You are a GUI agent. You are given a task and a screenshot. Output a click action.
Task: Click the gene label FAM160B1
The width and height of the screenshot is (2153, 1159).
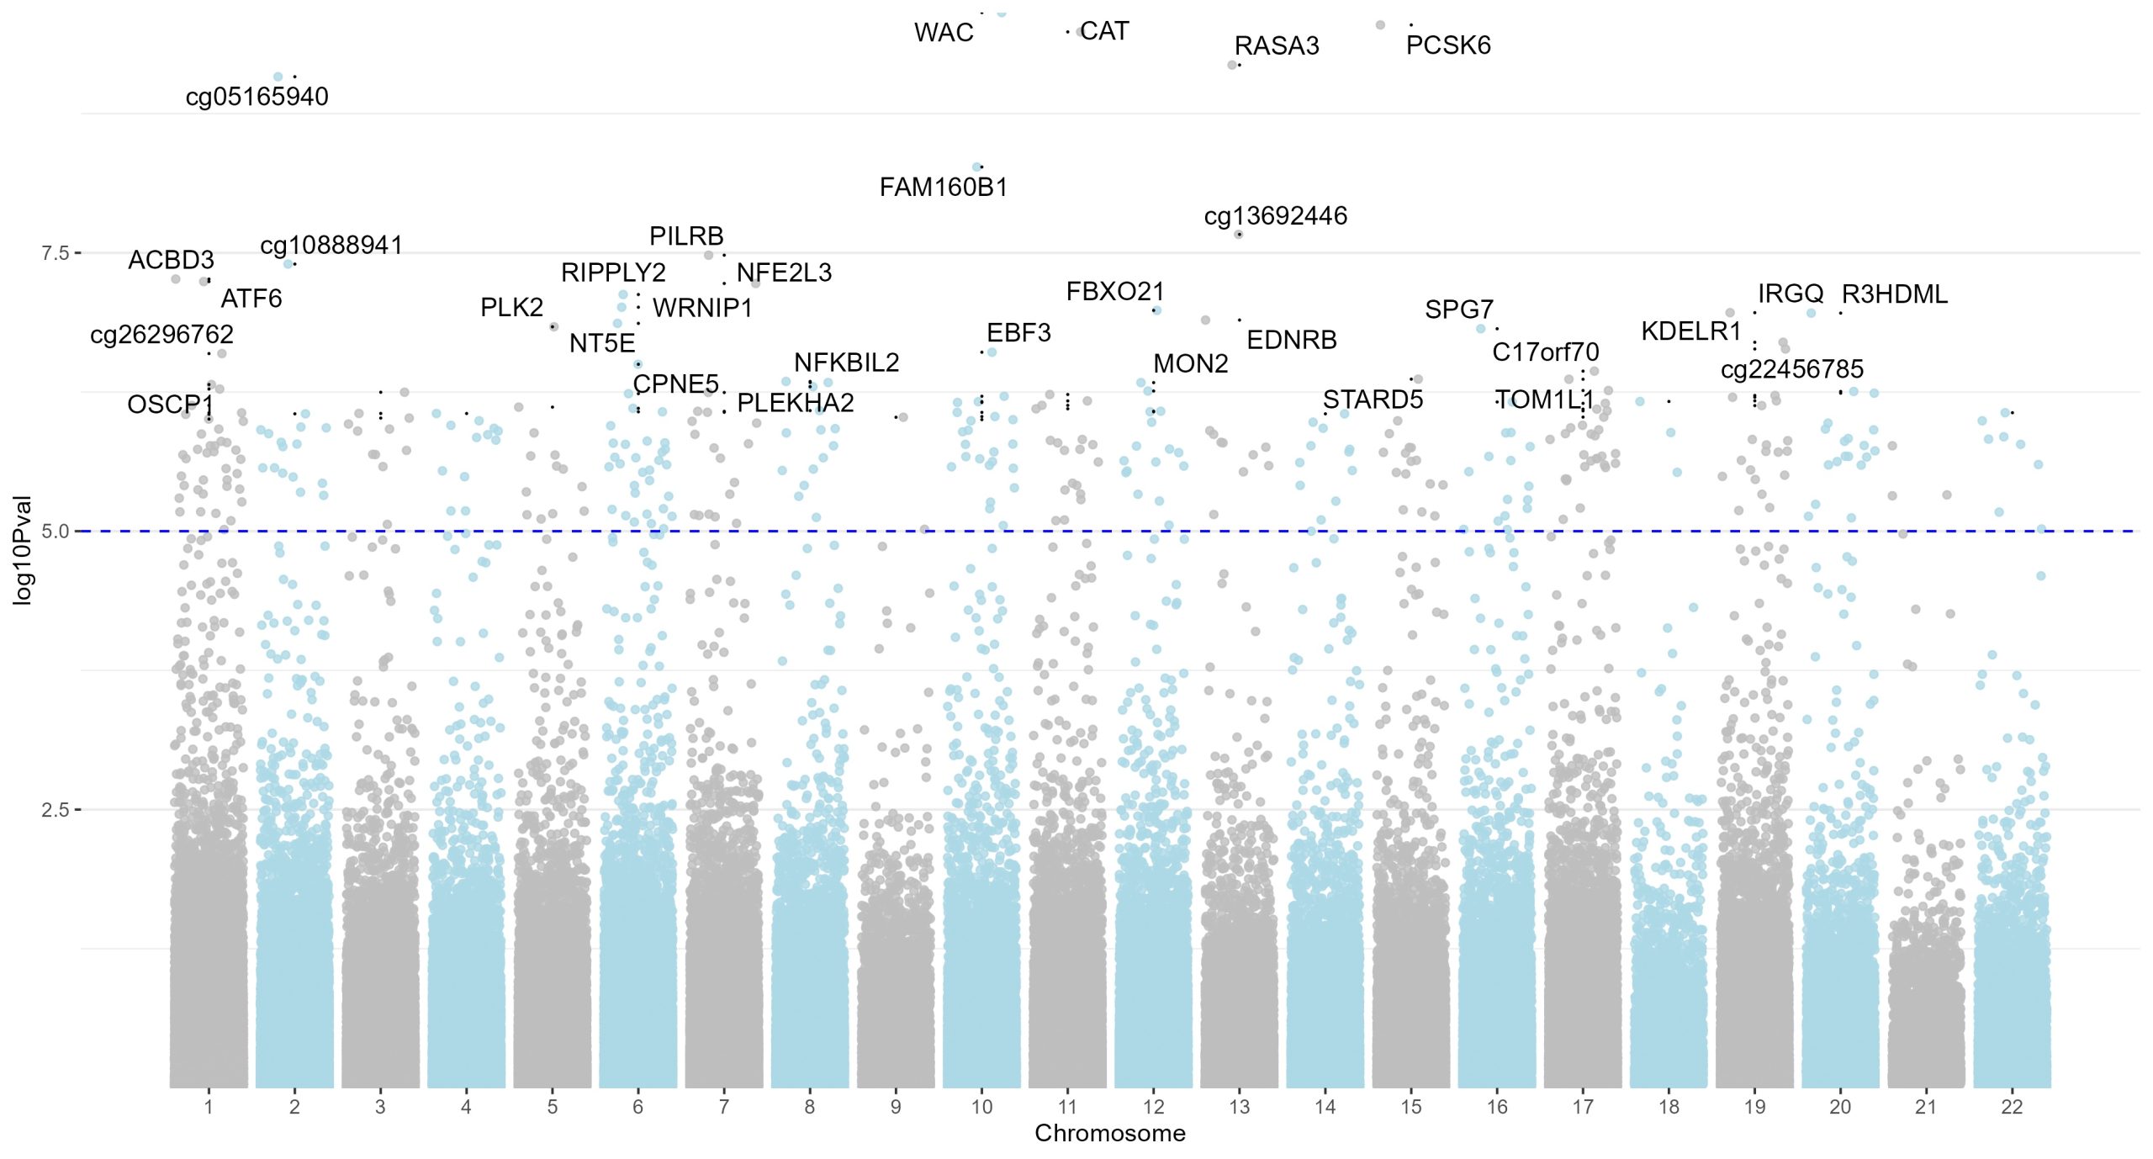(x=943, y=187)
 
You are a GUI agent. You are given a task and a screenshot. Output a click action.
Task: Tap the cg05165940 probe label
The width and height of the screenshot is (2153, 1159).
(x=257, y=97)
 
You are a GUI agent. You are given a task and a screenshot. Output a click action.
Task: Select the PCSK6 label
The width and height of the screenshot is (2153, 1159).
(x=1447, y=45)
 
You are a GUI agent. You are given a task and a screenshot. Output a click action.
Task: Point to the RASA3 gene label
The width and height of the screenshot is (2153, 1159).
(x=1276, y=45)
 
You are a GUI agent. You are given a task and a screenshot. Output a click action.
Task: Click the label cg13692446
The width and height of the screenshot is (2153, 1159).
(x=1275, y=216)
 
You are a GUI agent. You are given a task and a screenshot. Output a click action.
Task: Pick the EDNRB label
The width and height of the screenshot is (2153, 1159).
(x=1291, y=340)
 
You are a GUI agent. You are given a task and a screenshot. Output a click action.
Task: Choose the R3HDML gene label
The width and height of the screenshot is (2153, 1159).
(x=1894, y=294)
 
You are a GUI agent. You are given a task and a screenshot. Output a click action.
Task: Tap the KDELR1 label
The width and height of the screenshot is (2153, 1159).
(x=1690, y=331)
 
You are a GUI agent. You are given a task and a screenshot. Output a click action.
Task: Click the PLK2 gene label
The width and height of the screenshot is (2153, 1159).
(x=511, y=308)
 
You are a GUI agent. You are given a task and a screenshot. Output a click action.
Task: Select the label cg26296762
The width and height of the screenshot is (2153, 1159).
(x=161, y=335)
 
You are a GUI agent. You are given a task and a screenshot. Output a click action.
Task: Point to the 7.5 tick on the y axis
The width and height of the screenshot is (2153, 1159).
(x=56, y=253)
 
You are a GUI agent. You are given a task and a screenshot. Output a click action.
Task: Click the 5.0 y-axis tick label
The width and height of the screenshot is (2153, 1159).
(x=56, y=532)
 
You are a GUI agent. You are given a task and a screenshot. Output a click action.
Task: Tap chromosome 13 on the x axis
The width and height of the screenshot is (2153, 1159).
(x=1239, y=1107)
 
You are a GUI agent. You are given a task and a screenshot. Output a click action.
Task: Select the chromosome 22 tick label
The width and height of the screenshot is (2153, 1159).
(x=2011, y=1107)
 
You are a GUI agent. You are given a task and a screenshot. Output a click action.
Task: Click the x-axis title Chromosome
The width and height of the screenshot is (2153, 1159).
(x=1109, y=1134)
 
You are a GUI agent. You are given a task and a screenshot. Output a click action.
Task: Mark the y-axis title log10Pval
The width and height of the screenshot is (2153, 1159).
(x=23, y=550)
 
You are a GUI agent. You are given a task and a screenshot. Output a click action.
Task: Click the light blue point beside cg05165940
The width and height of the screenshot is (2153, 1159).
(x=278, y=77)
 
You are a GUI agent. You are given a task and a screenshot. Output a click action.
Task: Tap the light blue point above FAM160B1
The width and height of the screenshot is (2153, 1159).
(x=976, y=167)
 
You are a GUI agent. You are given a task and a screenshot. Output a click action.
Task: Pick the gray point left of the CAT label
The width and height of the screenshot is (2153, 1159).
(x=1080, y=33)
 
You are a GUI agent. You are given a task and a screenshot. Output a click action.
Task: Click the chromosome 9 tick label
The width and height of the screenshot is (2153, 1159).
(x=896, y=1107)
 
